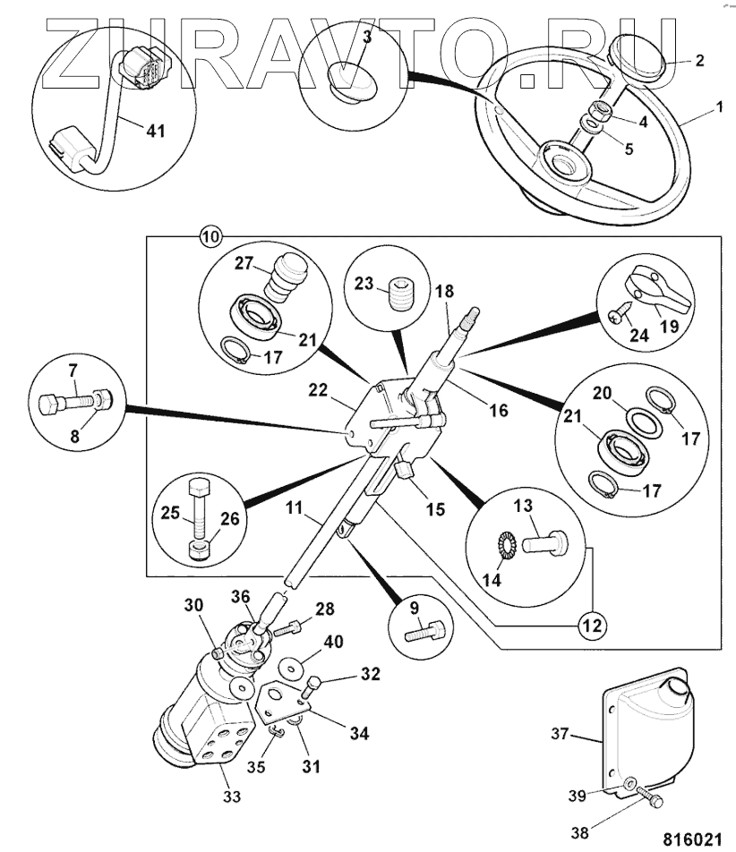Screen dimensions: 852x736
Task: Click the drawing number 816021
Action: click(x=690, y=839)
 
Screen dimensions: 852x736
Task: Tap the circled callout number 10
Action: click(x=210, y=238)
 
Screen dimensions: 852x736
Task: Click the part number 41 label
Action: click(x=156, y=130)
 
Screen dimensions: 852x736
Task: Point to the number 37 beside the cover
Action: click(x=560, y=735)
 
